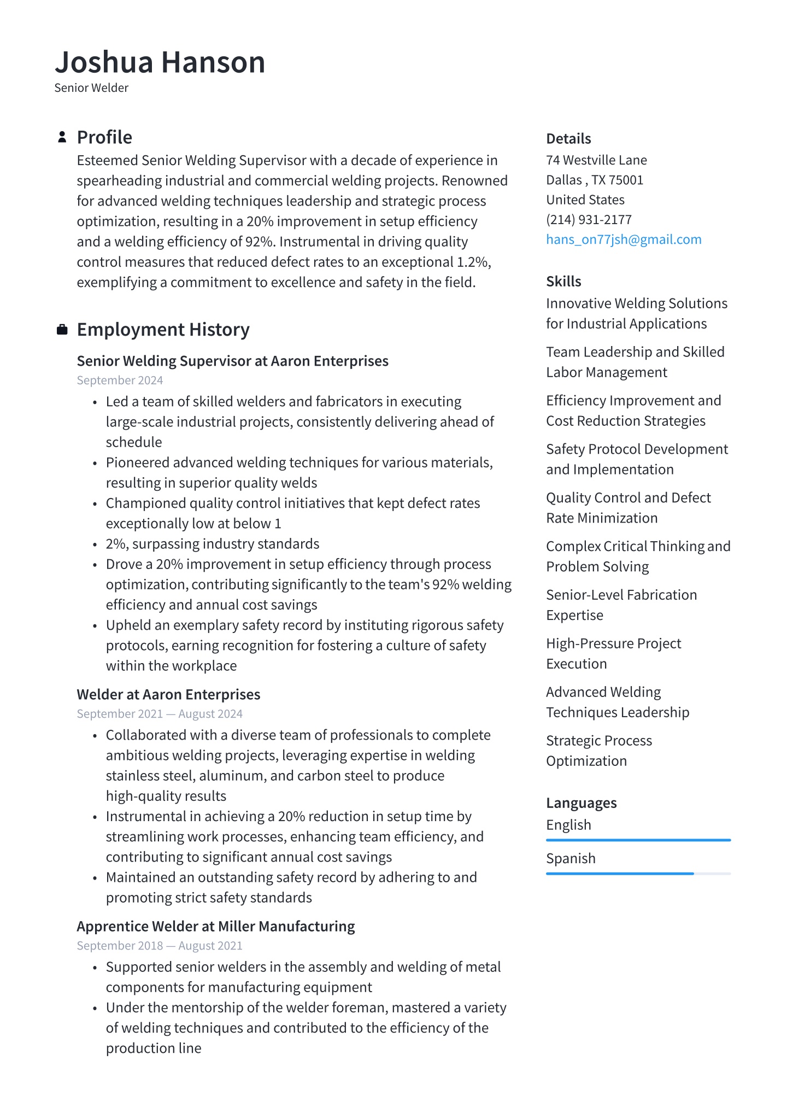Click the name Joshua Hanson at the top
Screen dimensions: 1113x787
click(x=160, y=62)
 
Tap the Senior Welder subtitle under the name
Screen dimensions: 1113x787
click(x=91, y=88)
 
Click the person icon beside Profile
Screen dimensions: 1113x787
click(x=62, y=137)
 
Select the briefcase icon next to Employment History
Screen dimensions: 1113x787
click(x=62, y=330)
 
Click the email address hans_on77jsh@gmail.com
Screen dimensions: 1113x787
click(x=624, y=239)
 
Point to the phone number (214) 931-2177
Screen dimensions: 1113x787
click(x=589, y=220)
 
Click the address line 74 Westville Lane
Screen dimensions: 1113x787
click(x=596, y=160)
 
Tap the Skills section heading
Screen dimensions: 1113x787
click(x=563, y=282)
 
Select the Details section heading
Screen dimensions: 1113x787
click(x=568, y=139)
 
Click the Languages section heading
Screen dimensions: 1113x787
click(x=581, y=803)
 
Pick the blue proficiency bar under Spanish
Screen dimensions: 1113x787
click(x=620, y=874)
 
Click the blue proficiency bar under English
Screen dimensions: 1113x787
click(x=638, y=840)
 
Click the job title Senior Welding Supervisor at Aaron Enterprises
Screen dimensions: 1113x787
click(x=232, y=361)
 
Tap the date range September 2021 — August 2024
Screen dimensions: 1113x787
click(x=159, y=714)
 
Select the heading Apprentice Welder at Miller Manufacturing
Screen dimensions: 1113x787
click(x=215, y=927)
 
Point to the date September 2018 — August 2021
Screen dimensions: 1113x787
click(x=159, y=946)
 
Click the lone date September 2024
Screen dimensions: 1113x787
click(x=120, y=380)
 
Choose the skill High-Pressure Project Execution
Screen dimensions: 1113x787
click(x=613, y=653)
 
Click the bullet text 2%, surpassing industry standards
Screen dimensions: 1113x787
click(x=213, y=544)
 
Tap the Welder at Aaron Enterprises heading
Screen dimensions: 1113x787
click(x=168, y=695)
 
